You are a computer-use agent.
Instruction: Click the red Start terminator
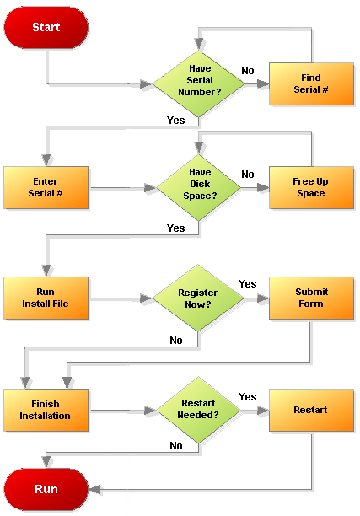coord(46,27)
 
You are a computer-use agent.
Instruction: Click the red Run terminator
coord(46,489)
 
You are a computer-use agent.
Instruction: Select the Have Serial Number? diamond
coord(199,83)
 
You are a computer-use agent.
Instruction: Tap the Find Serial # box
coord(311,84)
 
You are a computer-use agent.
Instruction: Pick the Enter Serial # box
coord(46,187)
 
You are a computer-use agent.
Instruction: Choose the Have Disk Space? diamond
coord(199,187)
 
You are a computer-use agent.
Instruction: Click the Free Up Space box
coord(311,187)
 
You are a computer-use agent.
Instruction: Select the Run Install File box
coord(46,298)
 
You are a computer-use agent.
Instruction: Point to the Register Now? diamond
coord(198,298)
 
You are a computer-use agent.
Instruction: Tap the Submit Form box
coord(311,298)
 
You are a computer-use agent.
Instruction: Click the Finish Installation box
coord(46,410)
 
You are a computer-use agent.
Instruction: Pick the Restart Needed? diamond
coord(199,410)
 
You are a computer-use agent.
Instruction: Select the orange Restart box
coord(311,410)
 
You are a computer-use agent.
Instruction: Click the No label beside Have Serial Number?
coord(248,71)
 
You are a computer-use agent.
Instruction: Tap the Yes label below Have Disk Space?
coord(175,228)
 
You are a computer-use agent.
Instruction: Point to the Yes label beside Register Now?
coord(248,283)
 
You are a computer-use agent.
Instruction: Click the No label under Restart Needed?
coord(176,445)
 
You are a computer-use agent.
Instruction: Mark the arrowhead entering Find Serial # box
coord(263,84)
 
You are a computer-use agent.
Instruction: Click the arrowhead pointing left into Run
coord(94,489)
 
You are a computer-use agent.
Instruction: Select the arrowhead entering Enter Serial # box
coord(46,160)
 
